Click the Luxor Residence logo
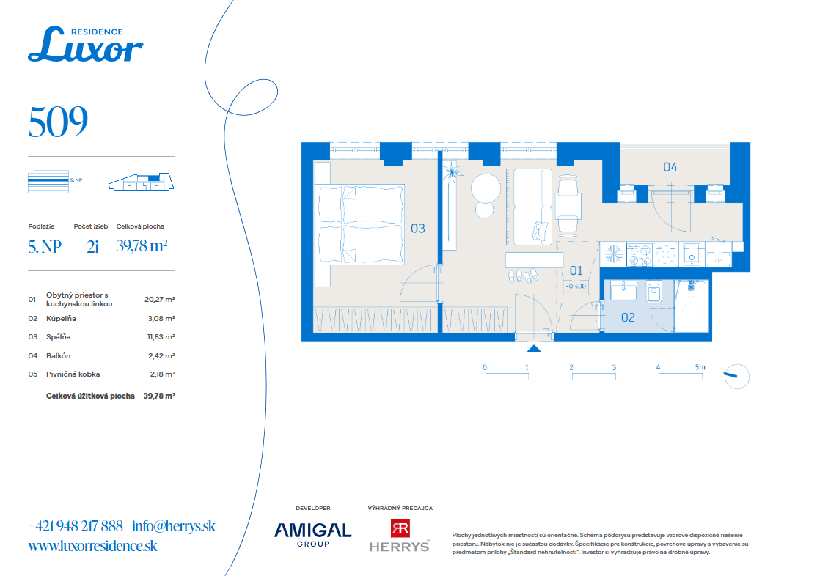click(x=86, y=44)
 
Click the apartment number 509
click(x=58, y=122)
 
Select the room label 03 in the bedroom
click(x=418, y=228)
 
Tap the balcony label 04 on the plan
click(x=670, y=167)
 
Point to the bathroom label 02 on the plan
click(x=628, y=317)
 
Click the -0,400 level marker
click(x=576, y=286)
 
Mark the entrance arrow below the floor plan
click(x=534, y=348)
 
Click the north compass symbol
click(x=737, y=376)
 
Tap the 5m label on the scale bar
click(x=700, y=367)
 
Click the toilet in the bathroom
click(x=654, y=291)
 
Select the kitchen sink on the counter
click(x=692, y=255)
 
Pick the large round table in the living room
click(x=486, y=188)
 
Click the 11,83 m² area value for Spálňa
click(x=161, y=337)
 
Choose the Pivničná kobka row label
click(x=73, y=374)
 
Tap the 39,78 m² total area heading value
click(x=142, y=245)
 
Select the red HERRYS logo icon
click(x=400, y=528)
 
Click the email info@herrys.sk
click(x=174, y=526)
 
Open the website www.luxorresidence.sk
click(x=92, y=546)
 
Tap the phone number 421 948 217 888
click(x=79, y=526)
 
